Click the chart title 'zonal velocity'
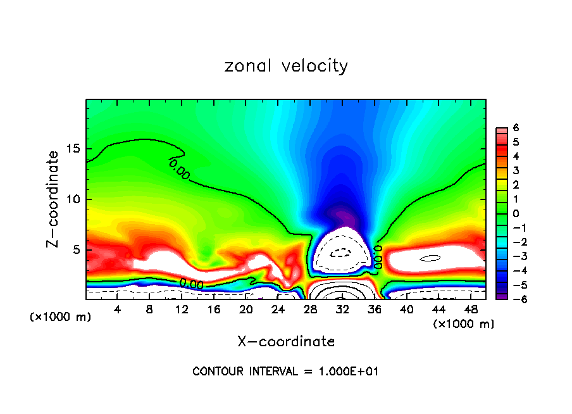pos(286,66)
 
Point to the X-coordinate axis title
pos(286,342)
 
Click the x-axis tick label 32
pos(342,310)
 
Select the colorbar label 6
pos(516,127)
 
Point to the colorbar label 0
pos(516,213)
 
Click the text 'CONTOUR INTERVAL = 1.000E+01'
pos(286,372)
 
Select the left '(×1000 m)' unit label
pos(60,317)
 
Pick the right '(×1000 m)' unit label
pos(464,324)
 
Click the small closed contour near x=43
pos(430,258)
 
